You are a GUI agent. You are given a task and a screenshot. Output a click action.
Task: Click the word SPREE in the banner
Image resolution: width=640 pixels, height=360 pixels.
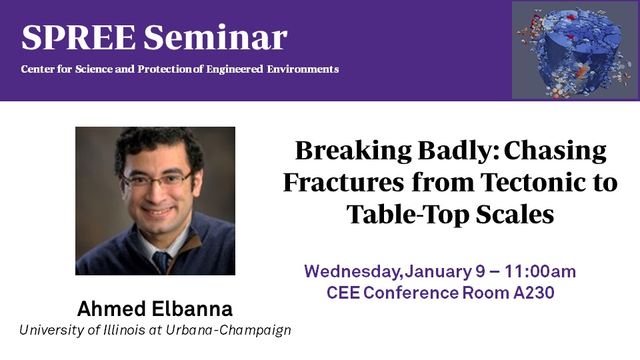point(79,37)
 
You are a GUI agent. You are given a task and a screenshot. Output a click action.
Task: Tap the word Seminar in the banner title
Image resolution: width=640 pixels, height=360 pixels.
point(215,37)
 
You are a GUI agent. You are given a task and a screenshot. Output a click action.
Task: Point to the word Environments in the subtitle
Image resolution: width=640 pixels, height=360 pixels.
point(303,69)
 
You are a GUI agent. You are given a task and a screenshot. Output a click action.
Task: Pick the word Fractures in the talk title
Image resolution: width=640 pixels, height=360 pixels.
point(343,182)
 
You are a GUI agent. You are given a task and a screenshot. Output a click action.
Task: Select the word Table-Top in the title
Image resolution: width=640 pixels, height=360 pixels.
point(408,215)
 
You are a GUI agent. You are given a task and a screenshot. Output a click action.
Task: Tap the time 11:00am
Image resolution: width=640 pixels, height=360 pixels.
point(540,271)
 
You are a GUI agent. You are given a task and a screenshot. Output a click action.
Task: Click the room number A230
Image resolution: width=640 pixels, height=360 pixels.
point(533,293)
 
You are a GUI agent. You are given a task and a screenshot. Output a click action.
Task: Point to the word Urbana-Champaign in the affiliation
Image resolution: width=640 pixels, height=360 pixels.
point(228,330)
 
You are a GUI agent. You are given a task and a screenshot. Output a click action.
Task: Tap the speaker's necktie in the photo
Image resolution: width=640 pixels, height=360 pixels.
point(161,262)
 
